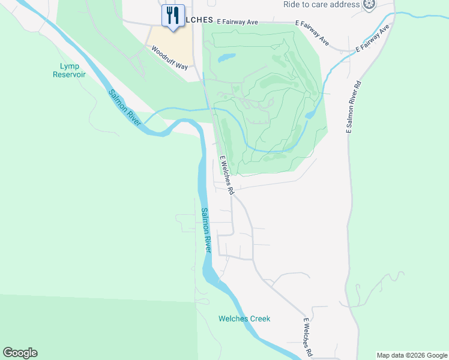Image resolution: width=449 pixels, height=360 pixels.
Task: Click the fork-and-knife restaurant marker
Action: tap(173, 16)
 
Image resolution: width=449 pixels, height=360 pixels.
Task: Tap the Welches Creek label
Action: tap(244, 319)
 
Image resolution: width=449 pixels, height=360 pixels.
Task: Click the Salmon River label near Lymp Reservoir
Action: tap(124, 107)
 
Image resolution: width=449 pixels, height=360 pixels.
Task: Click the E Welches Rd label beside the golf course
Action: tap(226, 175)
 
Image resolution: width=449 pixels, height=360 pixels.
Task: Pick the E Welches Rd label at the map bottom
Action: tap(307, 338)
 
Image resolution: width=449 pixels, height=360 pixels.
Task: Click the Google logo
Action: tap(20, 353)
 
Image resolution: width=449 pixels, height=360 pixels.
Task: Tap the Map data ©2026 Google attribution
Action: tap(412, 355)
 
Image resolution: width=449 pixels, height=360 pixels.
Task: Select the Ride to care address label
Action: tap(322, 4)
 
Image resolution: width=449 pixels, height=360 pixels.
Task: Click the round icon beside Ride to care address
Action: tap(370, 5)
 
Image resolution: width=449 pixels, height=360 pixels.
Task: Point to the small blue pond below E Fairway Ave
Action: tap(226, 58)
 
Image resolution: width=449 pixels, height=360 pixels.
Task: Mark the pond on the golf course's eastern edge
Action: tap(310, 113)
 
